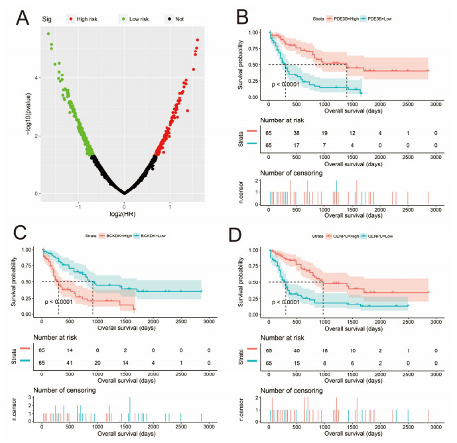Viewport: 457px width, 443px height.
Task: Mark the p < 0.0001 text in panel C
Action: [64, 302]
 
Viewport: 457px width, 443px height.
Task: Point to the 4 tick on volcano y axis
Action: [28, 77]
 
